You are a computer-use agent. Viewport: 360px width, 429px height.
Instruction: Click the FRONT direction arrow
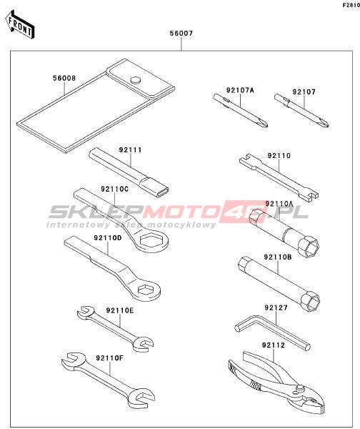click(20, 25)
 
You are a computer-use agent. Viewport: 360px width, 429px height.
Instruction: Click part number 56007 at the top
click(181, 34)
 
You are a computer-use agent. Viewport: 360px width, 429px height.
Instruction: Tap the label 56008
click(64, 78)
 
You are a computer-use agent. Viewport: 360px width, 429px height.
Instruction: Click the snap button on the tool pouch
click(135, 80)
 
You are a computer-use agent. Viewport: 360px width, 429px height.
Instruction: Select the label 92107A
click(240, 90)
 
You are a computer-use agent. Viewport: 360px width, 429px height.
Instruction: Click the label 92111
click(131, 150)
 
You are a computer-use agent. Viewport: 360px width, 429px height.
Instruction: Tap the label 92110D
click(108, 238)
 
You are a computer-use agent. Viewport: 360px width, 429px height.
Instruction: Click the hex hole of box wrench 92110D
click(145, 289)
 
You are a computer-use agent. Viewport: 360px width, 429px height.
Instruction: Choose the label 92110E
click(120, 310)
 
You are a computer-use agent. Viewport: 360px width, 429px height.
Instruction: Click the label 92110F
click(109, 357)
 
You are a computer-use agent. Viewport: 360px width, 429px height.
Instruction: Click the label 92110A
click(279, 204)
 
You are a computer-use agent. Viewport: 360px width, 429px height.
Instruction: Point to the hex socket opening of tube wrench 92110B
click(311, 302)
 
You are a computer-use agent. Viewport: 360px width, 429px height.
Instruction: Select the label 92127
click(276, 307)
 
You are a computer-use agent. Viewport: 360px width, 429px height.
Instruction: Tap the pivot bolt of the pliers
click(300, 388)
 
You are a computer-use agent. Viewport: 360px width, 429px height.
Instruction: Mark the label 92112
click(274, 345)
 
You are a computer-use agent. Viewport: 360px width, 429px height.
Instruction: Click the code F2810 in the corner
click(351, 5)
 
